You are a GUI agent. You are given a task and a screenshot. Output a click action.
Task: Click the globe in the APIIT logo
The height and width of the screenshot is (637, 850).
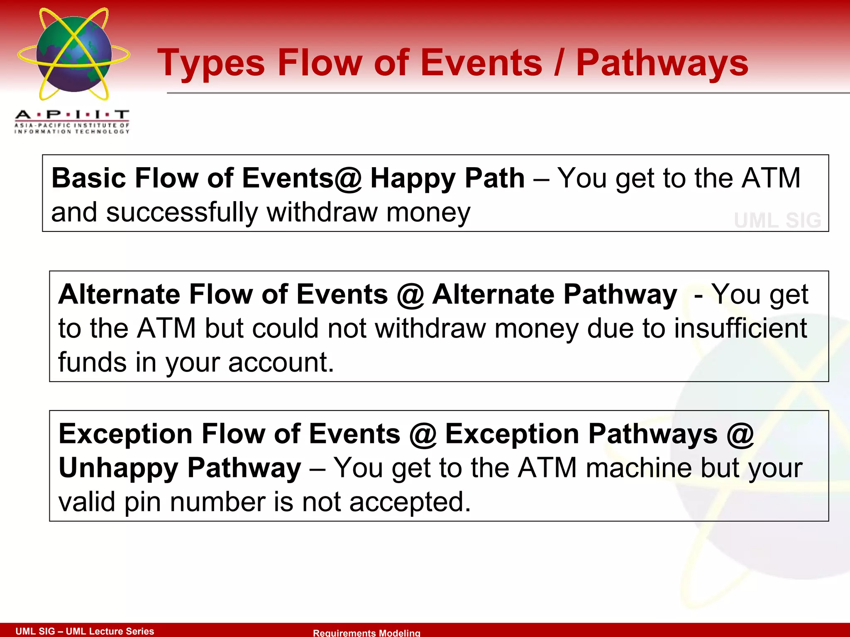tap(74, 54)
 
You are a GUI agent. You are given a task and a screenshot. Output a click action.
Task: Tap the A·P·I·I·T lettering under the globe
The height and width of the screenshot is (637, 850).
tap(72, 114)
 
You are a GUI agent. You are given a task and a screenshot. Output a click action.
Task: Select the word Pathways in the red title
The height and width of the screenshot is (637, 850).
tap(662, 63)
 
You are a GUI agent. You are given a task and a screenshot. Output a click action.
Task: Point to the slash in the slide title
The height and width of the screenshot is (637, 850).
tap(559, 63)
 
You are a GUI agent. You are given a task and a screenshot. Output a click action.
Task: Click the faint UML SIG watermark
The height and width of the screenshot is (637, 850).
tap(777, 220)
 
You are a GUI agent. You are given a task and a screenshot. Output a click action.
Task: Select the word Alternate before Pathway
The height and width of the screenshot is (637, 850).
tap(493, 294)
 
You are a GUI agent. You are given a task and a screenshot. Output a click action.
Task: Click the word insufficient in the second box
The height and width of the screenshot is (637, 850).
tap(740, 328)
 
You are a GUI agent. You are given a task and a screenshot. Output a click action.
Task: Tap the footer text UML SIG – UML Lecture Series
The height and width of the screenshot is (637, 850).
tap(85, 631)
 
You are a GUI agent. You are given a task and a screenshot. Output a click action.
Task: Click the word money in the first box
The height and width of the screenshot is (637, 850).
tap(428, 212)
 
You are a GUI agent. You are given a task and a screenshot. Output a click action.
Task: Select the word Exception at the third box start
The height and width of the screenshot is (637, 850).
tap(125, 434)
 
